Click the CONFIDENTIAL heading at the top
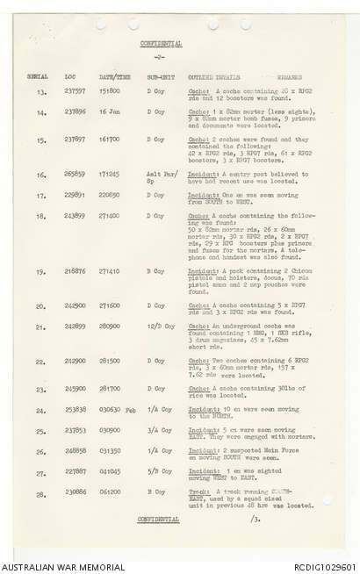click(162, 43)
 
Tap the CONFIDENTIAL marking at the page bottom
click(159, 519)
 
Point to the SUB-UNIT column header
click(159, 77)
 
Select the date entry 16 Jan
click(111, 112)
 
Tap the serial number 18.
click(40, 216)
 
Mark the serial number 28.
click(40, 492)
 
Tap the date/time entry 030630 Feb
click(117, 410)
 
